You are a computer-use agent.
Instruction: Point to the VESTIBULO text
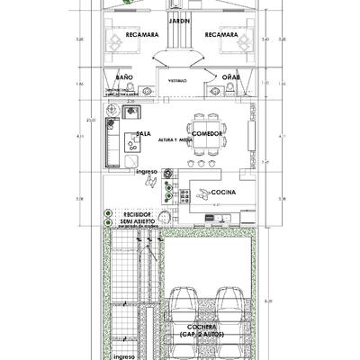(179, 81)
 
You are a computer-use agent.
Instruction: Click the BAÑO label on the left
(124, 78)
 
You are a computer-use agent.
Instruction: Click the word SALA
(141, 132)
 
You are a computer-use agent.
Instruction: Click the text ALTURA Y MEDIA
(174, 141)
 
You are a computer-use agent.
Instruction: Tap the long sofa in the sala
(111, 144)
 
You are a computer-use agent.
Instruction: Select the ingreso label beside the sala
(148, 171)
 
